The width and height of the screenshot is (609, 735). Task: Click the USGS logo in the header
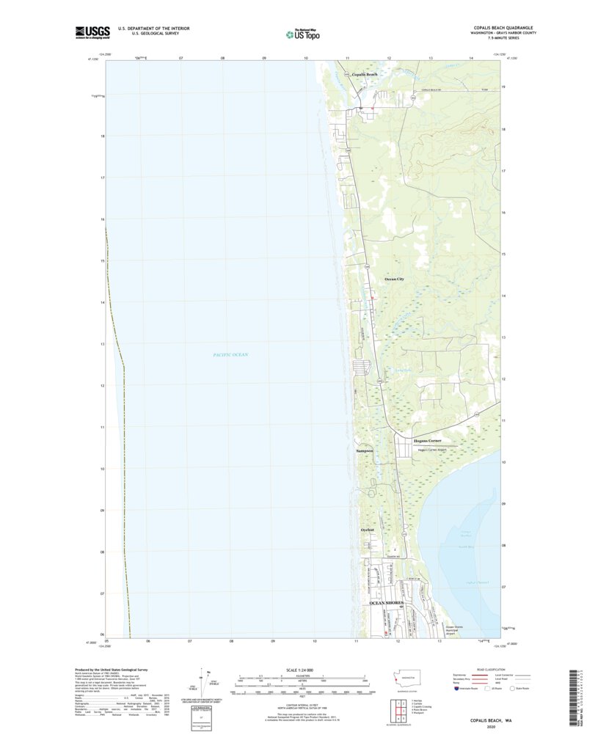[x=91, y=32]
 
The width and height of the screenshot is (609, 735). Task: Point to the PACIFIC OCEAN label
[x=230, y=355]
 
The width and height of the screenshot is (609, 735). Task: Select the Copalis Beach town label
[x=364, y=75]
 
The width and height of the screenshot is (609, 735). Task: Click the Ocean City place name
[x=395, y=279]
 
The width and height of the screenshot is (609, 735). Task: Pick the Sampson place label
[x=365, y=450]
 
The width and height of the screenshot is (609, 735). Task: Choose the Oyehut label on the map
[x=368, y=530]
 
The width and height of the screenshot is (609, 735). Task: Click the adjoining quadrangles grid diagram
[x=395, y=710]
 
